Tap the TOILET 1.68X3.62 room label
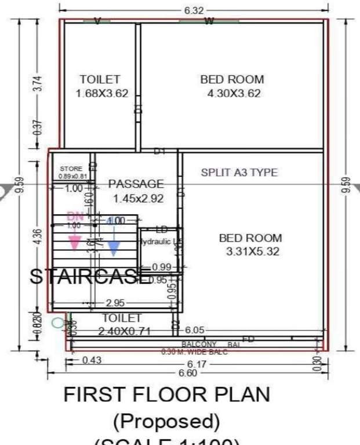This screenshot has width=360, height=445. (101, 86)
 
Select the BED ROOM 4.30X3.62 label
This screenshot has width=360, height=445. (232, 86)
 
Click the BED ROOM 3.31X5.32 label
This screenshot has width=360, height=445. (250, 244)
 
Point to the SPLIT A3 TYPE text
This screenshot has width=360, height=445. (239, 172)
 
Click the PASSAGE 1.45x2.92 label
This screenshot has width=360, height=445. (136, 191)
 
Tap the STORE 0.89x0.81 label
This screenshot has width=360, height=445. (72, 172)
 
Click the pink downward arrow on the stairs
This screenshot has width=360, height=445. (74, 242)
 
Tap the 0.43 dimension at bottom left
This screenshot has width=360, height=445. (92, 360)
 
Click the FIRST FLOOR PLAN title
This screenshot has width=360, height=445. (167, 395)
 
